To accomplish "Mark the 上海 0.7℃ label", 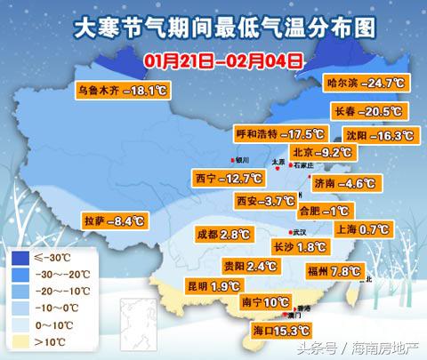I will coord(362,228).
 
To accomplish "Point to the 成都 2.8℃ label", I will coord(223,235).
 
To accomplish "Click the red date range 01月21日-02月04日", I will coord(222,61).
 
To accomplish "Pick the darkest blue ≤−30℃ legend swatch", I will coord(20,259).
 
